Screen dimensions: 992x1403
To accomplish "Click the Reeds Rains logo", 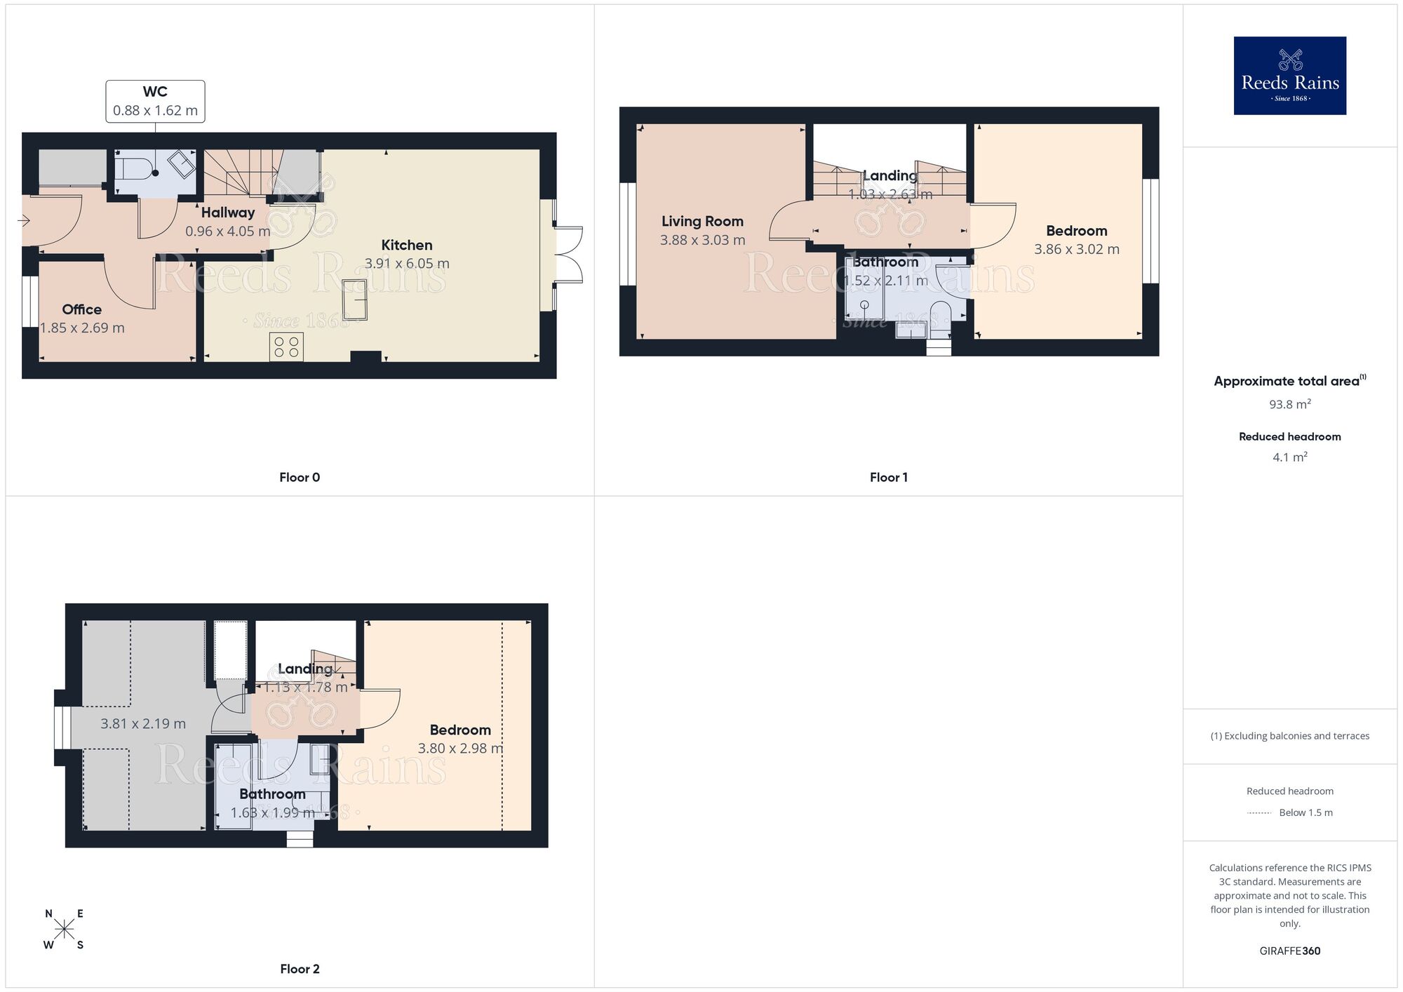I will pos(1289,76).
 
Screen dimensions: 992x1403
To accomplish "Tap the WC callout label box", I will pos(155,101).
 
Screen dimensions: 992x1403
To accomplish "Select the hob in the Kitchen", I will pos(286,347).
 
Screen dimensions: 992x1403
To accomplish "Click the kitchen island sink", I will pos(354,299).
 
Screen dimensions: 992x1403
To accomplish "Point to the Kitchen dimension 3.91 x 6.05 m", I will pos(407,264).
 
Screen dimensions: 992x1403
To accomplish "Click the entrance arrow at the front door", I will pos(23,222).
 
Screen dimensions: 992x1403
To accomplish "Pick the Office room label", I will pos(81,309).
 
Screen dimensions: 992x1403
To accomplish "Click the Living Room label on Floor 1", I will pos(702,222).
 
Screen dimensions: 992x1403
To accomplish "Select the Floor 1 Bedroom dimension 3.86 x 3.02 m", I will pos(1077,250).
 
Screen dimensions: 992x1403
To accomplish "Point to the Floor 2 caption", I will pos(300,969).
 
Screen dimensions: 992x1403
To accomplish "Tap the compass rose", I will pos(64,930).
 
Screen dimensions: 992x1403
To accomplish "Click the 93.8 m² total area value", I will pos(1289,405).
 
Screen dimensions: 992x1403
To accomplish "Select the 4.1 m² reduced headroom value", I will pos(1289,457).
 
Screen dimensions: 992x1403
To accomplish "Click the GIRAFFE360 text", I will pos(1289,951).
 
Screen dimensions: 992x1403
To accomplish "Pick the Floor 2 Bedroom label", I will pos(460,730).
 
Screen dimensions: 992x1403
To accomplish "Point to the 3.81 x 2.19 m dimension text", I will pos(143,724).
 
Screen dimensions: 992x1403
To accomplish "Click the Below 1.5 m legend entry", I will pos(1305,813).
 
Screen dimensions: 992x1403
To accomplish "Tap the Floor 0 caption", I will pos(300,478).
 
